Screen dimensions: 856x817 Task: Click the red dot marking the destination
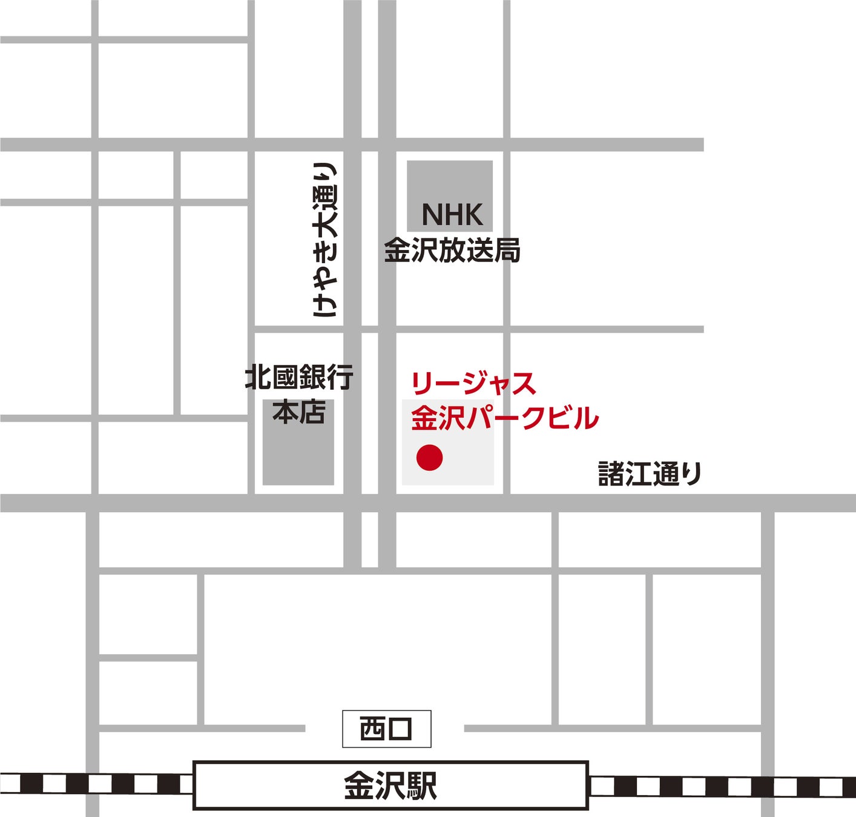click(x=429, y=458)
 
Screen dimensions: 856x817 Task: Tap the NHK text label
click(x=452, y=215)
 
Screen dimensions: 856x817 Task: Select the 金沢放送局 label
click(x=452, y=251)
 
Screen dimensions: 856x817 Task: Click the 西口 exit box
click(x=386, y=729)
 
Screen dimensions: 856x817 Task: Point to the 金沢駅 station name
click(x=390, y=786)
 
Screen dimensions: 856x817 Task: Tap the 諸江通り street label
click(x=650, y=473)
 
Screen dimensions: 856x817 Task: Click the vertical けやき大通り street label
click(x=324, y=240)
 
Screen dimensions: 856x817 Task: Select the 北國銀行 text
click(x=299, y=378)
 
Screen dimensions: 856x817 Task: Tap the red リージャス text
click(x=473, y=384)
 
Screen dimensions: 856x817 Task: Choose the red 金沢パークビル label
click(x=505, y=418)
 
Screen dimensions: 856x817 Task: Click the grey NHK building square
click(x=449, y=182)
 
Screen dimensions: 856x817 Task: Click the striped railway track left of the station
click(x=97, y=784)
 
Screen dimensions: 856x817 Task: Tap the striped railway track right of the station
click(x=720, y=786)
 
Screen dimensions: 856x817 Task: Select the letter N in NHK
click(x=430, y=215)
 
